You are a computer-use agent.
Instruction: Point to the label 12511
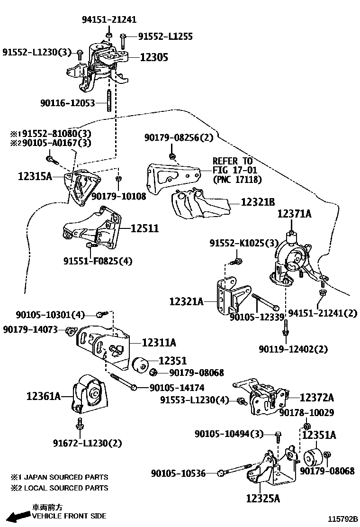click(144, 228)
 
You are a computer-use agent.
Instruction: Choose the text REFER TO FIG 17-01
click(233, 166)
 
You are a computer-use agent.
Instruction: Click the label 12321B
click(258, 202)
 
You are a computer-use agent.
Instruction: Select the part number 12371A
click(294, 214)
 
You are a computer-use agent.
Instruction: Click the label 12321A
click(187, 300)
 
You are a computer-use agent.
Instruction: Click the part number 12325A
click(263, 498)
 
